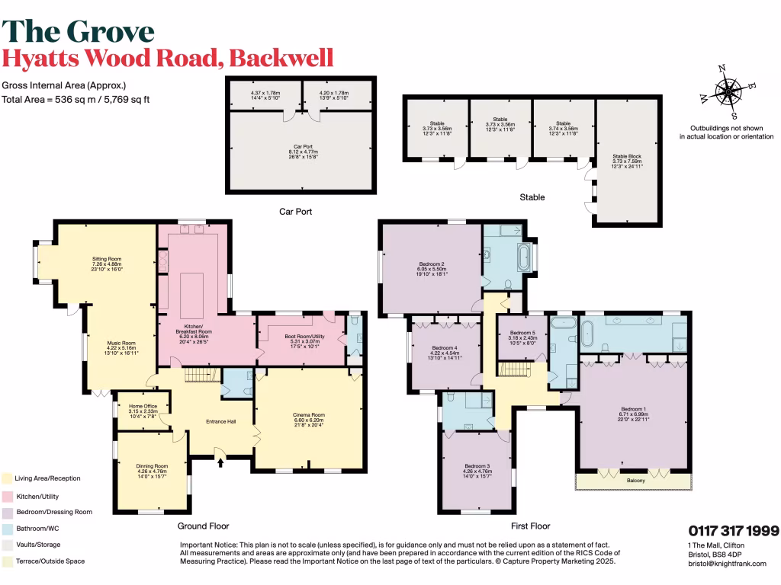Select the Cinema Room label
click(x=309, y=414)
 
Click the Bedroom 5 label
click(x=522, y=333)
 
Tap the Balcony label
click(x=636, y=481)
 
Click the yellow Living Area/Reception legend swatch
click(x=7, y=478)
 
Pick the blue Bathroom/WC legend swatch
click(x=7, y=528)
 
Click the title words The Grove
click(x=79, y=31)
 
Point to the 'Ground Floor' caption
click(x=204, y=526)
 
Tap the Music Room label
click(x=121, y=343)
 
